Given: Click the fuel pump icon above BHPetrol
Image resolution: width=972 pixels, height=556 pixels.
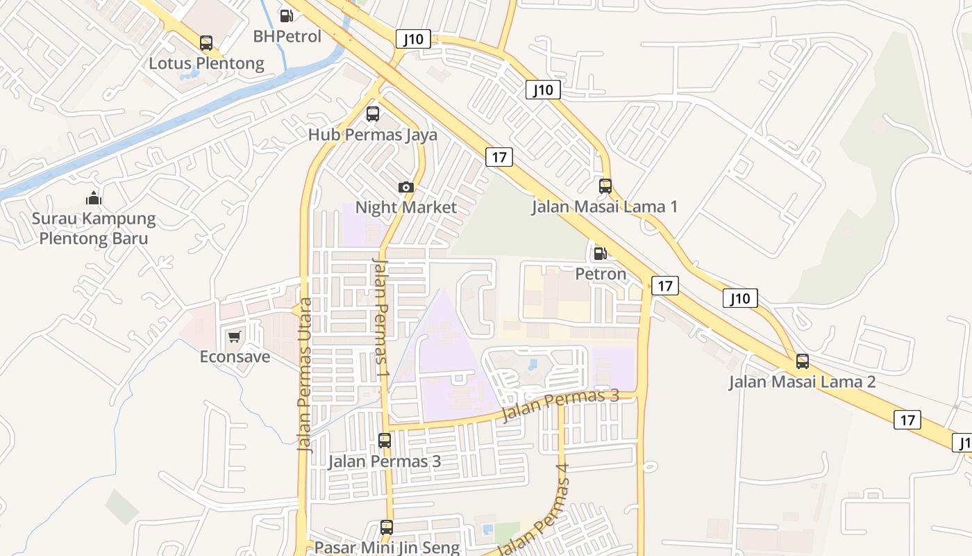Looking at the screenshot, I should (x=286, y=15).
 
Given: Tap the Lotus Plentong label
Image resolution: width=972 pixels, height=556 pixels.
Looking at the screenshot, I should (x=206, y=63).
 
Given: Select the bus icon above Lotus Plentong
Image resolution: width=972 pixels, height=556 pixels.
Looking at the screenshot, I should (x=206, y=43).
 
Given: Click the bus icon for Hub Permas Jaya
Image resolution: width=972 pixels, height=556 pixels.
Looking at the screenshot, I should (x=373, y=114).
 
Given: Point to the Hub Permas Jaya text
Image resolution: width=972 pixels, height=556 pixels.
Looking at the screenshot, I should (x=373, y=134).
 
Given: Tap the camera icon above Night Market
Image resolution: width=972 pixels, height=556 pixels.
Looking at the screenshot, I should (x=406, y=187).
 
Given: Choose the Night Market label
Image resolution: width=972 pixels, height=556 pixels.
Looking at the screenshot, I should (x=406, y=207).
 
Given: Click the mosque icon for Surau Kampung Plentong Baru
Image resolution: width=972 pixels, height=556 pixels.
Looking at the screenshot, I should (x=94, y=199).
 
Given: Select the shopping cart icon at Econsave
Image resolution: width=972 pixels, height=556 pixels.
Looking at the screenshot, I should (x=235, y=336).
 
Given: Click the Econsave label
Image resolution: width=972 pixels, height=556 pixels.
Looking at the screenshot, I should (x=235, y=357).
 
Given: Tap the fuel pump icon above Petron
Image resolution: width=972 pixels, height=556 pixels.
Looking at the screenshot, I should (x=601, y=254).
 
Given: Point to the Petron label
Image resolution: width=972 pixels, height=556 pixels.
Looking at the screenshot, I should (x=601, y=274).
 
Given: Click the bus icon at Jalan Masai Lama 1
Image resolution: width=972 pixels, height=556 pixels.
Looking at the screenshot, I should (x=605, y=186).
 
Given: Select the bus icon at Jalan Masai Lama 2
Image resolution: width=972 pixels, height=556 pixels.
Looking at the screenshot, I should (x=803, y=361).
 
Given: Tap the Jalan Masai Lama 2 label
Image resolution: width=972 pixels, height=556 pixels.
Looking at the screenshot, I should (x=802, y=382).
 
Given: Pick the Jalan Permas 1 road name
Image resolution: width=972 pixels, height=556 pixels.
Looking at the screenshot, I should (x=381, y=318).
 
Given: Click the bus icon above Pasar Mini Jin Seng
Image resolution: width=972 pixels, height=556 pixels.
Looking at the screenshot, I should (x=387, y=528).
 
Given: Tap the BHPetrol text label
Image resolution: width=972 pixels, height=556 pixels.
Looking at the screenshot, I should (x=287, y=36).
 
